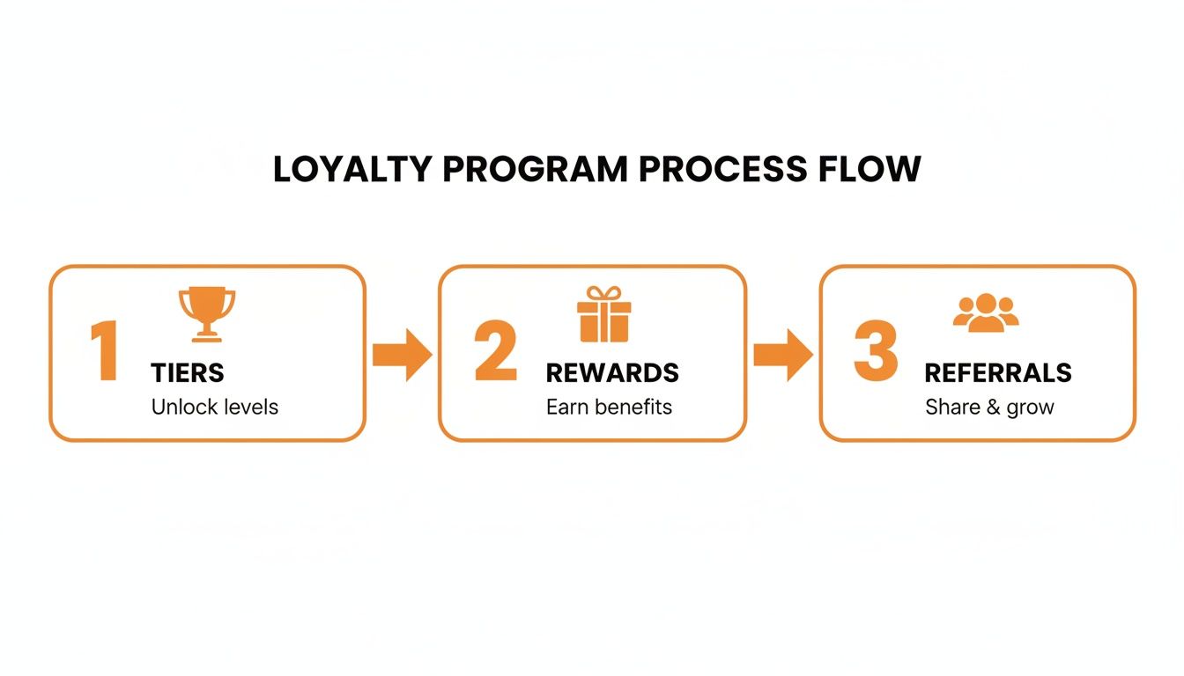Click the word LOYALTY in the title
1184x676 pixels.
tap(352, 169)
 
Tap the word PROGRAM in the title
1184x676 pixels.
tap(535, 169)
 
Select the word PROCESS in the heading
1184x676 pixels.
tap(723, 169)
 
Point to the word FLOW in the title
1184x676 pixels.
tap(869, 169)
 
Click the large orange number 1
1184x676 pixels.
tap(105, 350)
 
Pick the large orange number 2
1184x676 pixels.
tap(495, 350)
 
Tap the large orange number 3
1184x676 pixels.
tap(876, 350)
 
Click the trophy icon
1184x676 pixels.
tap(207, 314)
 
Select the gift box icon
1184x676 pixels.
tap(604, 314)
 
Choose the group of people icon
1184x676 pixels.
tap(986, 312)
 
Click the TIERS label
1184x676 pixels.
tap(188, 373)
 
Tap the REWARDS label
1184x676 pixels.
tap(612, 373)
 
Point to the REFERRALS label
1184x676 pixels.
tap(998, 373)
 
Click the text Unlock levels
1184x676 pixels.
tap(215, 408)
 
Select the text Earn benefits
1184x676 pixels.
tap(609, 408)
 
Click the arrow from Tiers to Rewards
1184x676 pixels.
tap(403, 355)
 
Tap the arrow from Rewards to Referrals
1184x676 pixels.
tap(783, 355)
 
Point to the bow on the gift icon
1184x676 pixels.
tap(604, 293)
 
